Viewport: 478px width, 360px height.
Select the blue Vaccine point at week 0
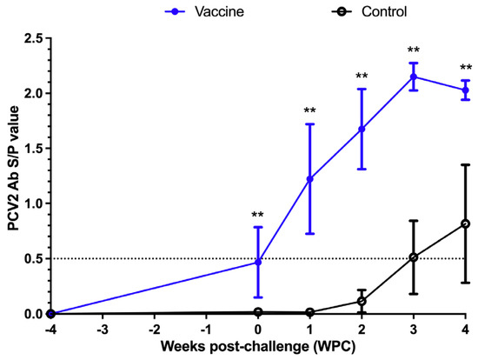pyautogui.click(x=259, y=262)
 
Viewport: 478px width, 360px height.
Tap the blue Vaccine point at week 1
pyautogui.click(x=310, y=179)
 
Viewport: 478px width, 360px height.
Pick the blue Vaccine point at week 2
pyautogui.click(x=362, y=129)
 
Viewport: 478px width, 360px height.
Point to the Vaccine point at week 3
pyautogui.click(x=414, y=77)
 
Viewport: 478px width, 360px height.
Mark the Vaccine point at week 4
pyautogui.click(x=466, y=90)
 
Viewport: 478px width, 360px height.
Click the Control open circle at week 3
pyautogui.click(x=414, y=257)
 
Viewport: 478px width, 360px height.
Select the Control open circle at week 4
pyautogui.click(x=466, y=223)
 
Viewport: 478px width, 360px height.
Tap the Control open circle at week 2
pyautogui.click(x=362, y=301)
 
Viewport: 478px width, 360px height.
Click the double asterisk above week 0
pyautogui.click(x=259, y=217)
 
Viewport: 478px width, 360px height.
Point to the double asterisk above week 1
pyautogui.click(x=310, y=112)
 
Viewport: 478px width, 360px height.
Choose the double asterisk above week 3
pyautogui.click(x=414, y=51)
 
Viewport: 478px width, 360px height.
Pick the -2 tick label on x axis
pyautogui.click(x=154, y=330)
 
